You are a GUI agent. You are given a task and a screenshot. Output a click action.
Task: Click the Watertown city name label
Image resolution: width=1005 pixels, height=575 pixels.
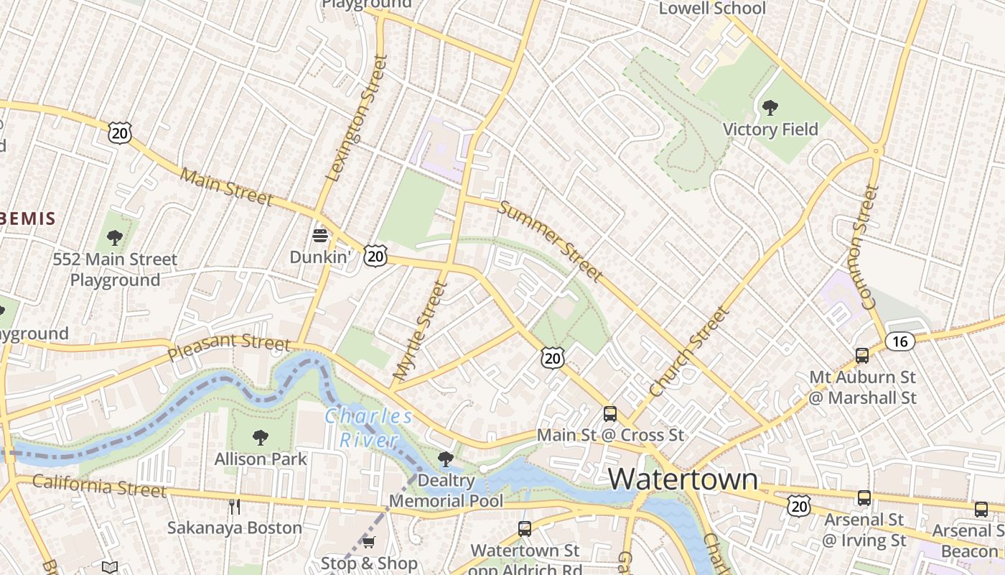tap(683, 479)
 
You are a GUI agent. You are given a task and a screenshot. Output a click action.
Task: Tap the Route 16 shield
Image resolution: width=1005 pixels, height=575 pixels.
tap(899, 341)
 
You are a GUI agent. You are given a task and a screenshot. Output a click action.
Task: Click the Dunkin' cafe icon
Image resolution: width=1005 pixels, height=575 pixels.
tap(320, 235)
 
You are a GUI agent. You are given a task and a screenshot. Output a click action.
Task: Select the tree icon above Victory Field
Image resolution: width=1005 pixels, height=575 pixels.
tap(770, 109)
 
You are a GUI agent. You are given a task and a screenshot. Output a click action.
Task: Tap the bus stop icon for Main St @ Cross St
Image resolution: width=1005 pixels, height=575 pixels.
tap(610, 414)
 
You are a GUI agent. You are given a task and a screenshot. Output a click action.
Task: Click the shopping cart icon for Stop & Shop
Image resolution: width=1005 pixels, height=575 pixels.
tap(369, 543)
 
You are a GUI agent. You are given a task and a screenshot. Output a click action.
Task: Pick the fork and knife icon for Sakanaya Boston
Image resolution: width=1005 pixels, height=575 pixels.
tap(234, 507)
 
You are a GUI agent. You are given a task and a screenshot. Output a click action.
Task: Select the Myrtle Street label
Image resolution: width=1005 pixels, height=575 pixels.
tap(421, 331)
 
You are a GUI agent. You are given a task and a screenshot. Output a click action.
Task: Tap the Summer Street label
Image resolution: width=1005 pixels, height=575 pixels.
tap(550, 241)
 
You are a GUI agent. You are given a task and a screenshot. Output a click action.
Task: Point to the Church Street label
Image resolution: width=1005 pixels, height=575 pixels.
tap(689, 352)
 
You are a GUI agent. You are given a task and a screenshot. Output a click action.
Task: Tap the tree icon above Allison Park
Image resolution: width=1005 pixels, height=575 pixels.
tap(261, 438)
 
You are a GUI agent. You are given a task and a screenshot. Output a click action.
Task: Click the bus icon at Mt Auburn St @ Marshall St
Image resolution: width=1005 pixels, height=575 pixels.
tap(861, 355)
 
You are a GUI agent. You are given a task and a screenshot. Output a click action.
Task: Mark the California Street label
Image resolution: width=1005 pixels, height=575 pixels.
tap(99, 486)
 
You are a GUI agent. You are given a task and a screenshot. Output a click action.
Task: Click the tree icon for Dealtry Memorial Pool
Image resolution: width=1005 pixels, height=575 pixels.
tap(446, 459)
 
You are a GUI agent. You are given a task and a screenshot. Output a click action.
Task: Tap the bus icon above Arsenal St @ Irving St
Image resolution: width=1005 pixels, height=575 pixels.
tap(864, 498)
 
